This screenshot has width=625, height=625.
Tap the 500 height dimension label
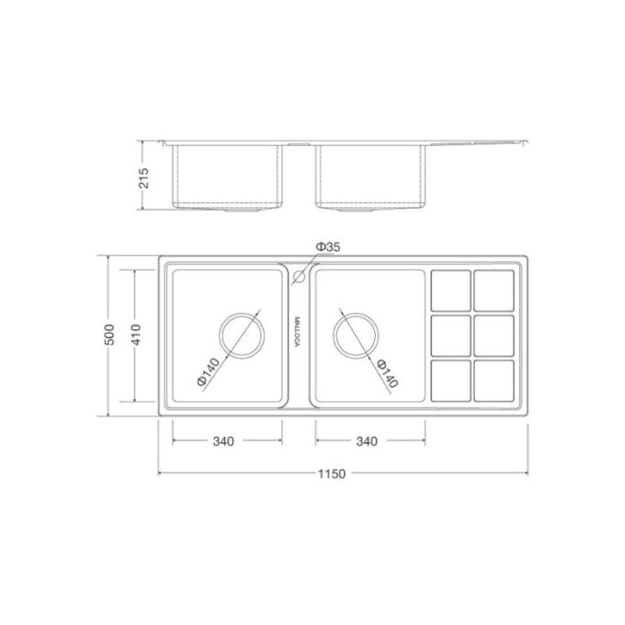pyautogui.click(x=108, y=335)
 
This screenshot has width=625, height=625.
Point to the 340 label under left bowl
pyautogui.click(x=222, y=440)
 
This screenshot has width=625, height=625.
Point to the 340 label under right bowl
pyautogui.click(x=366, y=440)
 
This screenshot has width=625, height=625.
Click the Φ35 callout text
pyautogui.click(x=327, y=247)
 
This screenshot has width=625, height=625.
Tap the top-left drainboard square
pyautogui.click(x=450, y=290)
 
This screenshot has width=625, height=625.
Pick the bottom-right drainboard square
pyautogui.click(x=494, y=380)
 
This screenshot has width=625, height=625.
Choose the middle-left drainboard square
pyautogui.click(x=450, y=335)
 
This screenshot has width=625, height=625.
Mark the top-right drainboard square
pyautogui.click(x=494, y=290)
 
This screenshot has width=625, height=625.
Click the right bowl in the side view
pyautogui.click(x=370, y=175)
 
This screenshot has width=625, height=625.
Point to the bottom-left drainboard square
pyautogui.click(x=450, y=380)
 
